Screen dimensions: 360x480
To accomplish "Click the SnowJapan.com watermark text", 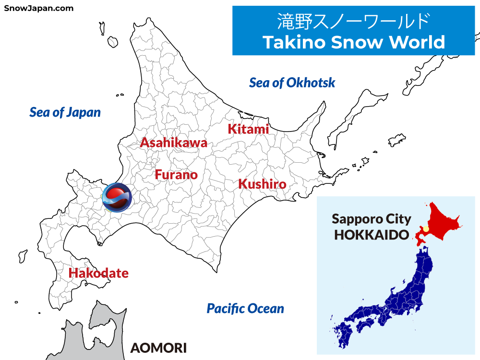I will (x=39, y=8).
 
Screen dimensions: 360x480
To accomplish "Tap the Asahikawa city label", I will (x=173, y=143).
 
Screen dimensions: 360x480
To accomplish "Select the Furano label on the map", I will (x=176, y=175).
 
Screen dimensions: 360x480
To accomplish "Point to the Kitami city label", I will (x=248, y=129).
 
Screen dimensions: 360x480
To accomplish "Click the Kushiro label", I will (x=262, y=184).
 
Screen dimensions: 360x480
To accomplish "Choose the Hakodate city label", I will (x=98, y=273).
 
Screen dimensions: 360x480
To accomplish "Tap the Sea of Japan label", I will (x=65, y=112).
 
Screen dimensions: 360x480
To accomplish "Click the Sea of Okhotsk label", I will (x=292, y=83).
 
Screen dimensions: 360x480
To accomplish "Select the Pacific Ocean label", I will (x=245, y=308).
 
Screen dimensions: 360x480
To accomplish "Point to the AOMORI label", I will (x=158, y=348).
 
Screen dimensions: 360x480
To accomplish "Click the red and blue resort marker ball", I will (x=116, y=197).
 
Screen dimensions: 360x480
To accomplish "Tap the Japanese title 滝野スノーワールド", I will (x=353, y=22).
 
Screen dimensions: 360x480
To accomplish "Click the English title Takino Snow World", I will (x=354, y=42).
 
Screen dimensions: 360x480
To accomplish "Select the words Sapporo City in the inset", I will (x=372, y=219).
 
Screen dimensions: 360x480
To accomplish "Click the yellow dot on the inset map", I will (x=425, y=229).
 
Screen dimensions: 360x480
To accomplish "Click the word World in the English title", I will (x=417, y=42).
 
